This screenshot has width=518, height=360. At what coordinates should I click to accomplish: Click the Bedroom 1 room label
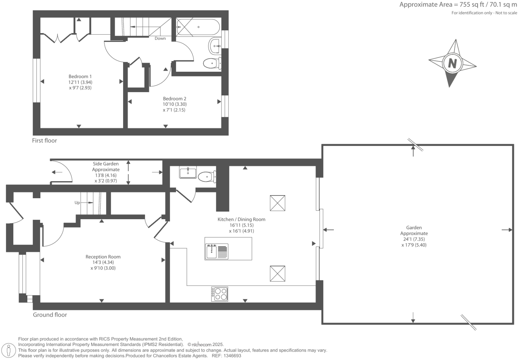click(x=80, y=76)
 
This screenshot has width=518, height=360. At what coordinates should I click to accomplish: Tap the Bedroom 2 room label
click(x=174, y=99)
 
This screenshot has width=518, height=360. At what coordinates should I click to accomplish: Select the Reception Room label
click(x=103, y=257)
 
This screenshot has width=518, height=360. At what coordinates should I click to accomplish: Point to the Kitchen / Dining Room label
click(x=241, y=220)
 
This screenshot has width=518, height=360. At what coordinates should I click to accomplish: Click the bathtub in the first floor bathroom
click(x=198, y=27)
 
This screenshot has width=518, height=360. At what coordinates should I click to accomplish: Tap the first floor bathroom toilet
click(x=212, y=63)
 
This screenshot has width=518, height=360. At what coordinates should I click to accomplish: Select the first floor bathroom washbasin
click(x=215, y=46)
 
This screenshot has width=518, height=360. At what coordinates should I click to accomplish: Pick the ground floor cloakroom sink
click(x=188, y=172)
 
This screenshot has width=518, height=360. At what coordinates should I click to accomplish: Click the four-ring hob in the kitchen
click(x=219, y=294)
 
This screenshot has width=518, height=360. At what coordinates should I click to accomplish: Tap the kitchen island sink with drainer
click(x=217, y=251)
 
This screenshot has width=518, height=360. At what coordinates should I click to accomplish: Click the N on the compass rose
click(x=452, y=63)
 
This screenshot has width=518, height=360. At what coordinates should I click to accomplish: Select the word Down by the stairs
click(x=160, y=38)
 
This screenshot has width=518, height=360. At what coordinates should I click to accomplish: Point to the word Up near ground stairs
click(x=77, y=203)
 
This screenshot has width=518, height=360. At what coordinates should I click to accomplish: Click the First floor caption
click(x=44, y=140)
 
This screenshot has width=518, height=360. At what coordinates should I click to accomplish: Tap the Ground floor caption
click(x=50, y=315)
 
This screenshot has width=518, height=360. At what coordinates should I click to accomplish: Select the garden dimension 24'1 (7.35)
click(x=414, y=239)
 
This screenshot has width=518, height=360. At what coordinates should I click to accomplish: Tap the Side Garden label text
click(x=106, y=164)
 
